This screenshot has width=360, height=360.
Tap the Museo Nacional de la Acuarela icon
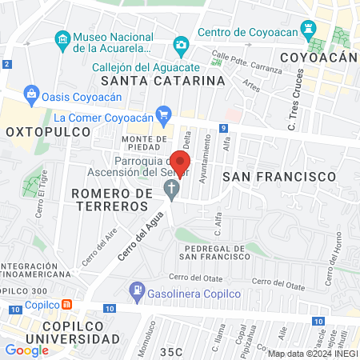tap(62, 38)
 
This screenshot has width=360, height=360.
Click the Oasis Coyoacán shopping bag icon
tap(32, 94)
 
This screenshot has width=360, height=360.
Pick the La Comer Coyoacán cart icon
tap(163, 113)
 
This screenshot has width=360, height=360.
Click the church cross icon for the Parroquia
tap(170, 189)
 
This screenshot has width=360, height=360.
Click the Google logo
tap(26, 350)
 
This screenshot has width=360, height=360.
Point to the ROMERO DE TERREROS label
tap(122, 200)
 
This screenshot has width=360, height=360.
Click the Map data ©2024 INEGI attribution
tap(311, 353)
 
